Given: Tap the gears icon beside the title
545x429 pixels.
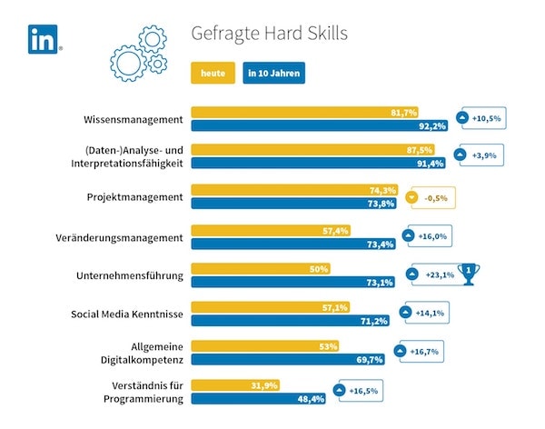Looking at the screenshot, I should coord(137,51).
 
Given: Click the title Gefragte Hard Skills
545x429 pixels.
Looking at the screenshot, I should coord(269,33).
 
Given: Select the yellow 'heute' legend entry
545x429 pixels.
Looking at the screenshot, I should coord(213,72).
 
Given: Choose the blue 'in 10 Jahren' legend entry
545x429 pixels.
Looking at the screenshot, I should coord(274,72).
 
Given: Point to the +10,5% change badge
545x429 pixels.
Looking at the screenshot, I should coord(481,119).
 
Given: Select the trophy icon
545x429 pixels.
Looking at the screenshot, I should coord(469,272).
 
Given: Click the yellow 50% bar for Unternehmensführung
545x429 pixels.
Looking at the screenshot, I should coord(260,269).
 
